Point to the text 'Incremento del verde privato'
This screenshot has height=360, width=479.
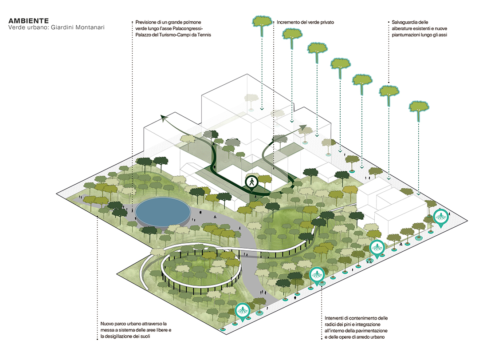305,22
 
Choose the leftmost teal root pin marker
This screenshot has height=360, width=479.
242,311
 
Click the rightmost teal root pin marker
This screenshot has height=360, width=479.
441,217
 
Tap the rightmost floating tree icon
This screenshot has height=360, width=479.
419,108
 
